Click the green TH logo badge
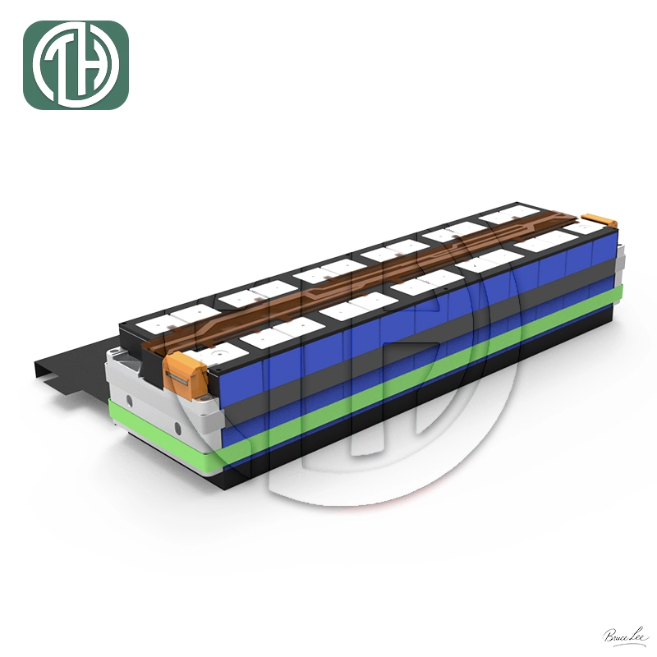76,65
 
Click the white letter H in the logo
92,66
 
